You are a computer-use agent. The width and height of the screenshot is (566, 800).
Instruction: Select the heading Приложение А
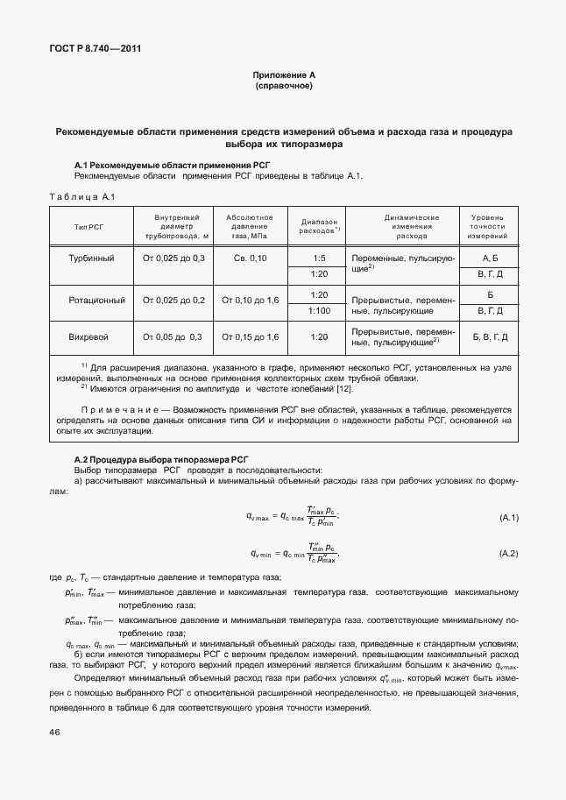tap(282, 76)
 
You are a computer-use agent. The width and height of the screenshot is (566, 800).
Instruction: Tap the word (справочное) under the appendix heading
tap(282, 87)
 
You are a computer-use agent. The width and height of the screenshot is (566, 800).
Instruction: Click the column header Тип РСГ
tap(89, 226)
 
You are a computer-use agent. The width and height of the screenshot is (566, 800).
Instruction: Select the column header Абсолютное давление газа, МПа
tap(250, 226)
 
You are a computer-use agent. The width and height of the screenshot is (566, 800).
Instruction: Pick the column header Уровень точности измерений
tap(488, 226)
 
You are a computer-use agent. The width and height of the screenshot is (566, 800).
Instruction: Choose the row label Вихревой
tap(89, 337)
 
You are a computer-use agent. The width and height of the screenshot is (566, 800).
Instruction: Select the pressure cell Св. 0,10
tap(250, 258)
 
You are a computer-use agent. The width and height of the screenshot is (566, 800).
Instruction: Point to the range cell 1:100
tap(319, 310)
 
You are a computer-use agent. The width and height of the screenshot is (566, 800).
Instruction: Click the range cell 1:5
tap(319, 258)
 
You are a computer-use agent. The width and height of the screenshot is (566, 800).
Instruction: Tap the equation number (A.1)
tap(508, 519)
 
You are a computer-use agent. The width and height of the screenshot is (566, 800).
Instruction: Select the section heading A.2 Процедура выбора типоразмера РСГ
tap(161, 459)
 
